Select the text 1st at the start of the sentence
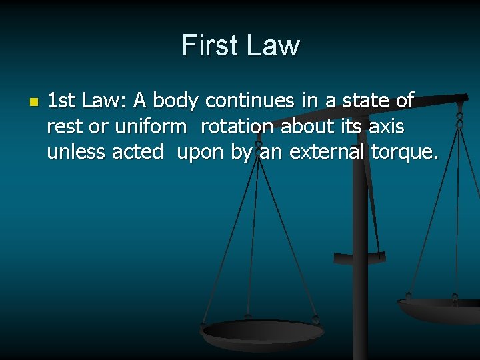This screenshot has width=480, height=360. (61, 101)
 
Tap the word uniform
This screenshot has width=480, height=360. (151, 126)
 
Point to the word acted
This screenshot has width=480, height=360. (138, 151)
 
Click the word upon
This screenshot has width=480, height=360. (201, 153)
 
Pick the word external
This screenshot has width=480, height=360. (321, 151)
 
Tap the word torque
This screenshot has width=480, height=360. (405, 153)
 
